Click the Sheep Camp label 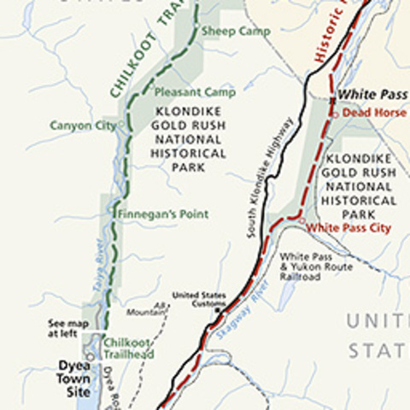click(236, 32)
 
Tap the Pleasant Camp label click(183, 92)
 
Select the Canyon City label click(82, 126)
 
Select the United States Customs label click(199, 299)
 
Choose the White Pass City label click(348, 228)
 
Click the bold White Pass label click(372, 94)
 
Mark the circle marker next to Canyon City click(121, 125)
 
